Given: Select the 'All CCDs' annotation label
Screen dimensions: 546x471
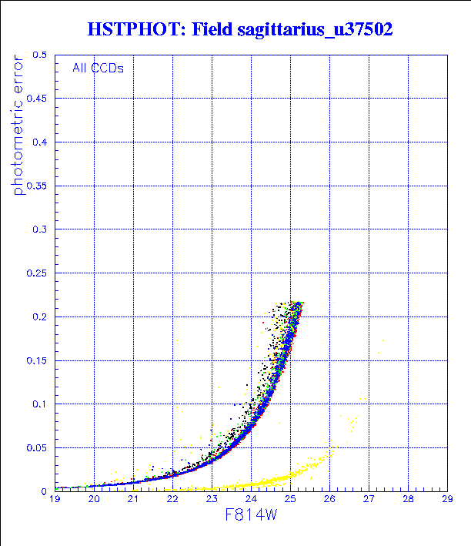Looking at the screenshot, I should (98, 67).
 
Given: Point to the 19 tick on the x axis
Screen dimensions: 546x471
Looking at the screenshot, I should (55, 500).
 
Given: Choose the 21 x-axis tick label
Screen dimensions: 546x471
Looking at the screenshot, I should (133, 500).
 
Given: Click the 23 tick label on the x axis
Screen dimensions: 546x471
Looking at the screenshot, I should (212, 500).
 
